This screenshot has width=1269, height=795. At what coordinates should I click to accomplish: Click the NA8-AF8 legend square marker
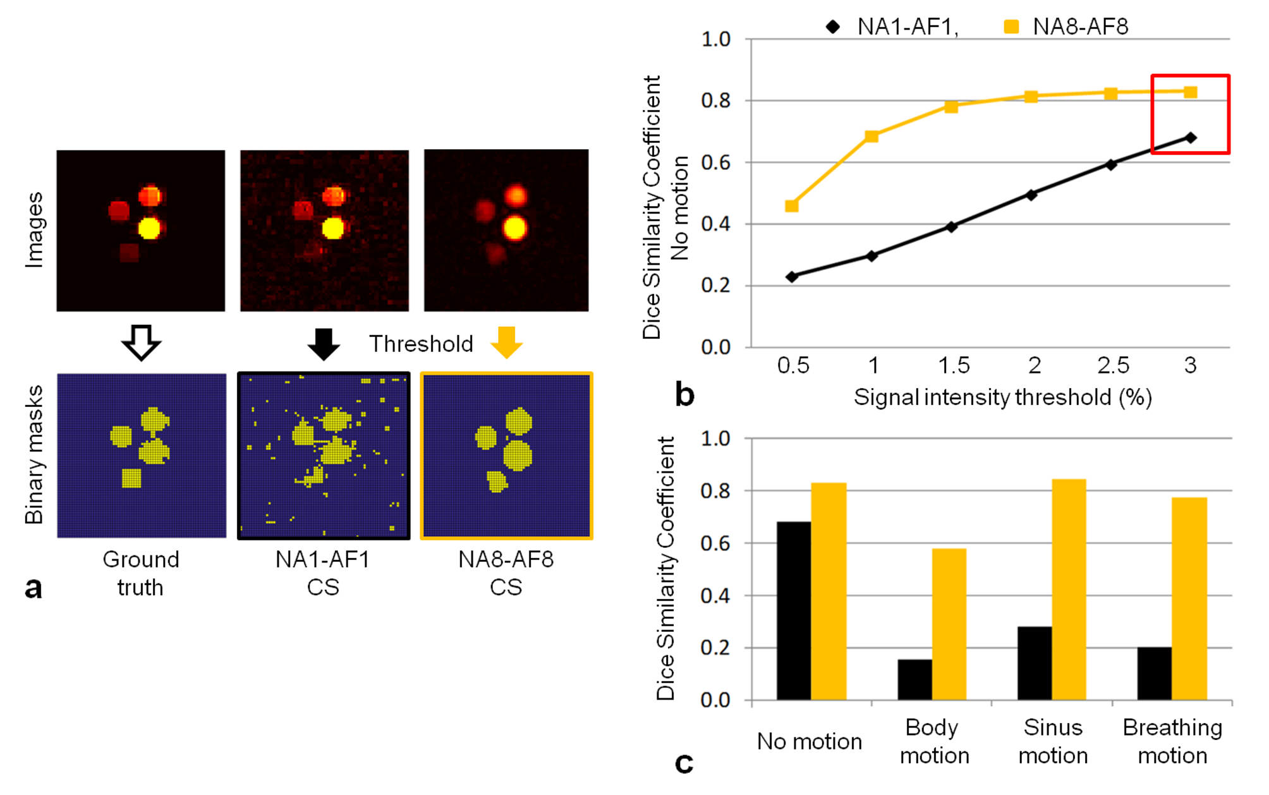(x=1011, y=27)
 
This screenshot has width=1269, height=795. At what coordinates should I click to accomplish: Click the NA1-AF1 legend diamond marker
(x=833, y=27)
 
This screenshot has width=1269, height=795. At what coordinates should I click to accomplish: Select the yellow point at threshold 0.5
(x=791, y=206)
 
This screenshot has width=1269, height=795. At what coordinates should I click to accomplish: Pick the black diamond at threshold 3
(x=1190, y=138)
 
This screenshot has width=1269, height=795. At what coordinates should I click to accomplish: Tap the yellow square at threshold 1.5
(x=951, y=107)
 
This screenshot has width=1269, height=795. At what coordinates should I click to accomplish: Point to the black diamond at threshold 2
(x=1031, y=195)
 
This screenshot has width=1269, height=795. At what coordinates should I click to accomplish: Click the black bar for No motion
(x=794, y=610)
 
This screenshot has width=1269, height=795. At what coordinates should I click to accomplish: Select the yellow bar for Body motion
(x=949, y=624)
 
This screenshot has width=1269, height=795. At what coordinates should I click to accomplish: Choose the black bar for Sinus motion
(x=1035, y=663)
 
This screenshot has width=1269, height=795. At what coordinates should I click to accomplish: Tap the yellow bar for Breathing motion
(x=1189, y=598)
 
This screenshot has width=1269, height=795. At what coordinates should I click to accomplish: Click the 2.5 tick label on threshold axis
(x=1113, y=365)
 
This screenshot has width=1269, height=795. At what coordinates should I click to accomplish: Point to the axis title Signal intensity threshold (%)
(x=1002, y=397)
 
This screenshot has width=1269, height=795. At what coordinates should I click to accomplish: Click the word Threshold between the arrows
(x=421, y=344)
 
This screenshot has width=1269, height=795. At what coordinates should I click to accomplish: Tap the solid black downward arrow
(x=324, y=343)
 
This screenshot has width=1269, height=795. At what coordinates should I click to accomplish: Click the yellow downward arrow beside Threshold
(x=506, y=342)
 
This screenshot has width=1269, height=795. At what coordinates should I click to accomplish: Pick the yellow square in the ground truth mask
(x=131, y=478)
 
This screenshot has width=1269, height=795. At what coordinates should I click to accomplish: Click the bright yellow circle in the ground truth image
(x=150, y=228)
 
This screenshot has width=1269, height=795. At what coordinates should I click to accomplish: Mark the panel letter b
(x=684, y=394)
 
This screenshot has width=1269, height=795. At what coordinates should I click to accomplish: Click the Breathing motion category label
(x=1172, y=741)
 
